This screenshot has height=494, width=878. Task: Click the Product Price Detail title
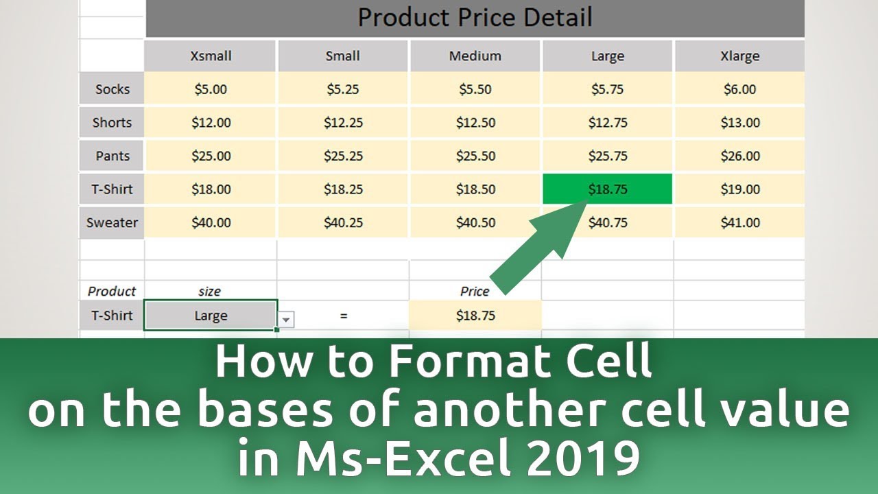tap(475, 18)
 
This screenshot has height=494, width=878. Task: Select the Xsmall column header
tap(211, 56)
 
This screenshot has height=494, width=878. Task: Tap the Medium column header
tap(475, 56)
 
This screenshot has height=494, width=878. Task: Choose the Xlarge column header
tap(739, 56)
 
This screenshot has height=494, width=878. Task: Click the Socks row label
tap(112, 89)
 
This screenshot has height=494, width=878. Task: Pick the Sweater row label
tap(112, 223)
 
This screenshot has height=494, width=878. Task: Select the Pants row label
tap(112, 156)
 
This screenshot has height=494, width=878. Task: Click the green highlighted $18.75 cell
tap(607, 189)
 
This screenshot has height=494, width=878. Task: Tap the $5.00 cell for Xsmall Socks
tap(210, 89)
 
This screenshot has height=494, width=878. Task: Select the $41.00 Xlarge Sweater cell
tap(739, 223)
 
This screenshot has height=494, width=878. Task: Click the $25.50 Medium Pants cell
tap(475, 156)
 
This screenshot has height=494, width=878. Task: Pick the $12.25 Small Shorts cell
tap(343, 123)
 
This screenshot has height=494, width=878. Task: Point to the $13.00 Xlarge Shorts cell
tap(739, 123)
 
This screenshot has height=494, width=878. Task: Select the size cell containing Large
tap(210, 316)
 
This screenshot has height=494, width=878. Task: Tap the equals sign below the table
tap(343, 316)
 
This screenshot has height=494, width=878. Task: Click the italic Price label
tap(475, 292)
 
